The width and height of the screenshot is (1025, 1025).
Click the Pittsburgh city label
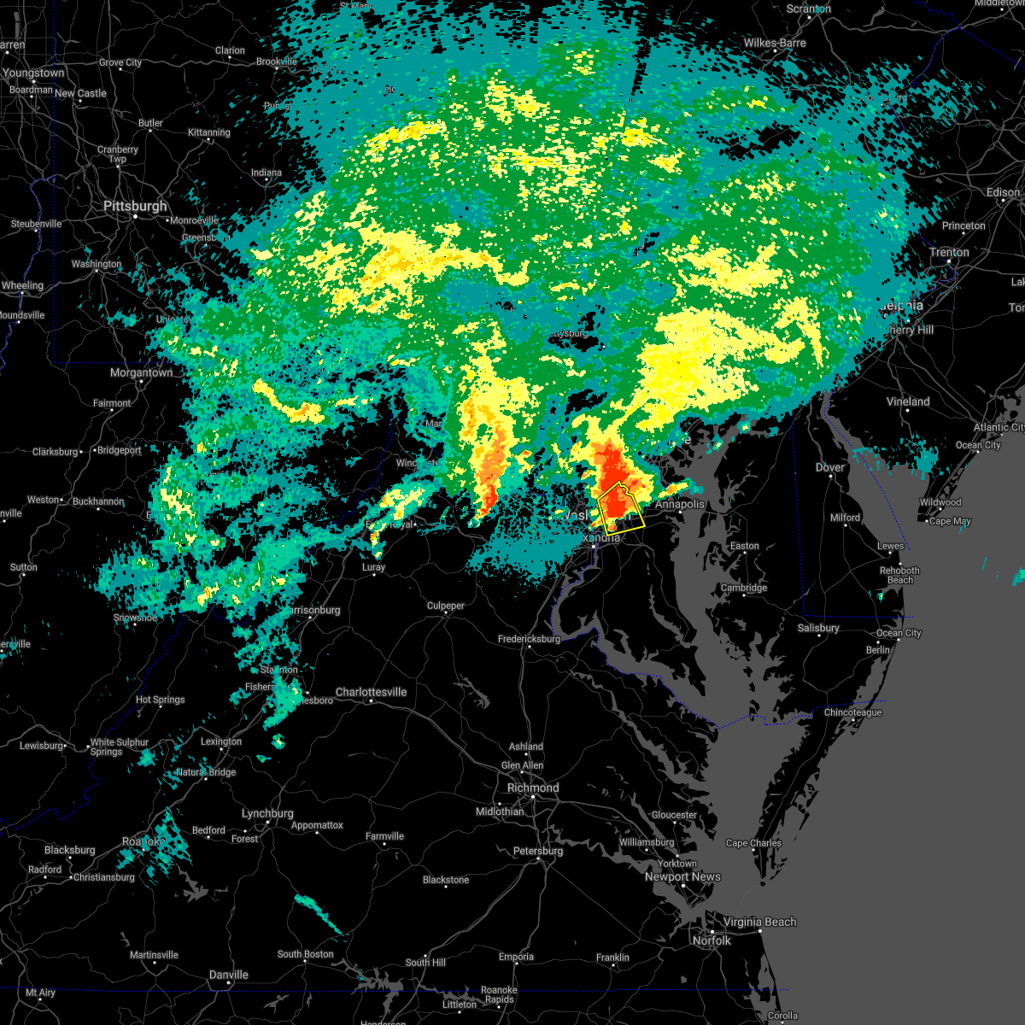tap(136, 207)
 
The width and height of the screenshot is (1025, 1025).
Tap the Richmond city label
tap(533, 788)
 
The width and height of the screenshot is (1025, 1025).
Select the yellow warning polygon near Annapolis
tap(620, 509)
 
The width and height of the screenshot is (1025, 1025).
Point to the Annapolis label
tap(680, 504)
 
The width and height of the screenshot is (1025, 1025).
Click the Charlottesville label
tap(371, 692)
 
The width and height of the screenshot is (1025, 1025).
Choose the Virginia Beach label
tap(760, 922)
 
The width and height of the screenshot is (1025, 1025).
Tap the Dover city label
tap(829, 467)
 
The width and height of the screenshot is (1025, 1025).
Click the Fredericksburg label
tap(529, 639)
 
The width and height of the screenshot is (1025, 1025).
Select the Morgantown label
tap(141, 372)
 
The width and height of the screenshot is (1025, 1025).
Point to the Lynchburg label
tap(267, 813)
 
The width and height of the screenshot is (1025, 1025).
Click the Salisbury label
tap(818, 628)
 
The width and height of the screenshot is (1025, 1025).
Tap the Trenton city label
tap(949, 252)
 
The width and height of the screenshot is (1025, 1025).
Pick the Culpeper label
tap(446, 606)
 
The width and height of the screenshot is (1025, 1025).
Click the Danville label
tap(228, 975)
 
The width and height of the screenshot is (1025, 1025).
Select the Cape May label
tap(949, 521)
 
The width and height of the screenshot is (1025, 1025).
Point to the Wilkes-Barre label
tap(775, 43)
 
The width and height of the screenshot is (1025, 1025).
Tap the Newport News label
tap(682, 876)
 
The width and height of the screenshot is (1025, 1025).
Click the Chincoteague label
tap(852, 712)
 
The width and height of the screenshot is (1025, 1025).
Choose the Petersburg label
tap(538, 851)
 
